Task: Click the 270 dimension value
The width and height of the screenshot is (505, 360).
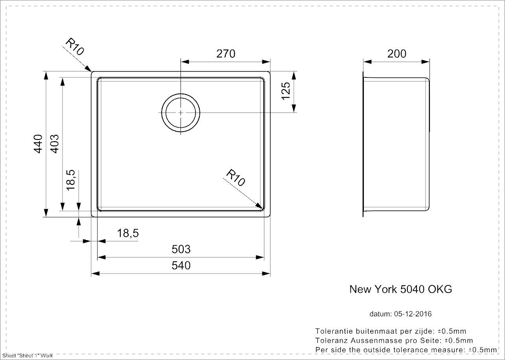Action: point(226,53)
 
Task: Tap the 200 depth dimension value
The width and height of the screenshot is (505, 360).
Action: point(396,53)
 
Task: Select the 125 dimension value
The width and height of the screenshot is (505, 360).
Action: point(286,91)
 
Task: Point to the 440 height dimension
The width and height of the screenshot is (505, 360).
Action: point(38,144)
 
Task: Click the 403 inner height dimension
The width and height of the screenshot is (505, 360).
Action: point(54,144)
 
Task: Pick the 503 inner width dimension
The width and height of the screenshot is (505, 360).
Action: point(181,249)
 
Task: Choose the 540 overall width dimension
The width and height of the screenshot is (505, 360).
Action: point(181,265)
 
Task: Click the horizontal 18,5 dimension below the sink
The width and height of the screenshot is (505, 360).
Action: point(128,233)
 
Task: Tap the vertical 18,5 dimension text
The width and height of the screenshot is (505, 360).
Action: point(70,180)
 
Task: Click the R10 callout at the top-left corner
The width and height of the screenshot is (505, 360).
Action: point(75,47)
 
